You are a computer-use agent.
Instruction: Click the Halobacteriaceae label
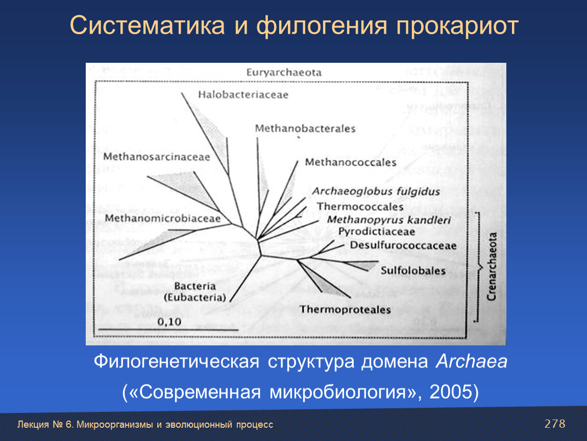click(243, 95)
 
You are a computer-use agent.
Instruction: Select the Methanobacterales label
click(305, 129)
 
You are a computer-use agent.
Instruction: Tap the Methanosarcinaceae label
click(157, 157)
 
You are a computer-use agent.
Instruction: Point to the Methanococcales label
click(351, 162)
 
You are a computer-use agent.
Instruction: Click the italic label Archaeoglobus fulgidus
click(376, 192)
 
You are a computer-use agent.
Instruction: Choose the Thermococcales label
click(360, 207)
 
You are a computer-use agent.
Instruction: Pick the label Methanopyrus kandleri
click(389, 220)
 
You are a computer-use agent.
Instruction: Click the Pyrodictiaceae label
click(377, 232)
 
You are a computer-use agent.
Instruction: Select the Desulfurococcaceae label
click(403, 246)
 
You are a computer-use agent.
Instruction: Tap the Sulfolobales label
click(413, 271)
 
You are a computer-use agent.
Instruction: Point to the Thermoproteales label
click(345, 310)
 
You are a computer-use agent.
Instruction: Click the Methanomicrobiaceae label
click(162, 218)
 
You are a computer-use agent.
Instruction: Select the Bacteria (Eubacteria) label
click(195, 291)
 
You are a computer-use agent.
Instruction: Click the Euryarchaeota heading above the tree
click(284, 72)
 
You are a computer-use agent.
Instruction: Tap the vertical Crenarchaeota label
click(492, 266)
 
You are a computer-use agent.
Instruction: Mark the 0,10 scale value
click(169, 322)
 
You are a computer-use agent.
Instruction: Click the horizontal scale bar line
click(168, 330)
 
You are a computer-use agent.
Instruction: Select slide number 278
click(555, 424)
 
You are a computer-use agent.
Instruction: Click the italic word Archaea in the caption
click(471, 362)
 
